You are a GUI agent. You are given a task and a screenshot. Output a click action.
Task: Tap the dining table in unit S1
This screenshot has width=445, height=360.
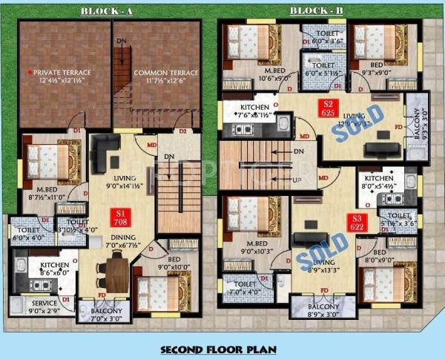coord(117,272)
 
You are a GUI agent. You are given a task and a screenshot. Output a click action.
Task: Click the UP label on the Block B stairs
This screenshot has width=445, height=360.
coord(298,180)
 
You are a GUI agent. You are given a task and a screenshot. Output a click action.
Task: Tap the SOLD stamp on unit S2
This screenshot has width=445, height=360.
coord(359,123)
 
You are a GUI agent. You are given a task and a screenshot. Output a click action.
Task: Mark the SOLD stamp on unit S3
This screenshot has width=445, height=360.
coord(323,250)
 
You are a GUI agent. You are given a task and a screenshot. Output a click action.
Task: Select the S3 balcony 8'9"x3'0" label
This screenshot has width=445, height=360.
coord(323,310)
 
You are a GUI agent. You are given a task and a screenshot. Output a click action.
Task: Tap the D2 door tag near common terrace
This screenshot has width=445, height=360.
coord(182,131)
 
